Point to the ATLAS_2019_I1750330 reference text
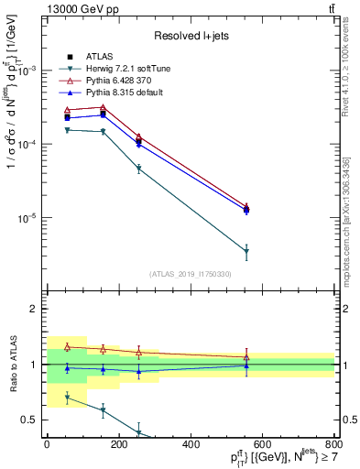point(191,274)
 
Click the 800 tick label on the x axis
point(334,444)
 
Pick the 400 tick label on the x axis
point(191,444)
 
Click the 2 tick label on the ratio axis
point(34,309)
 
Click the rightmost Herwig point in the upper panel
point(246,251)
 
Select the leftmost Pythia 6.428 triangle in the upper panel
point(67,110)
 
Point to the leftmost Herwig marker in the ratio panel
point(67,397)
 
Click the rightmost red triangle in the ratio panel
point(246,357)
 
